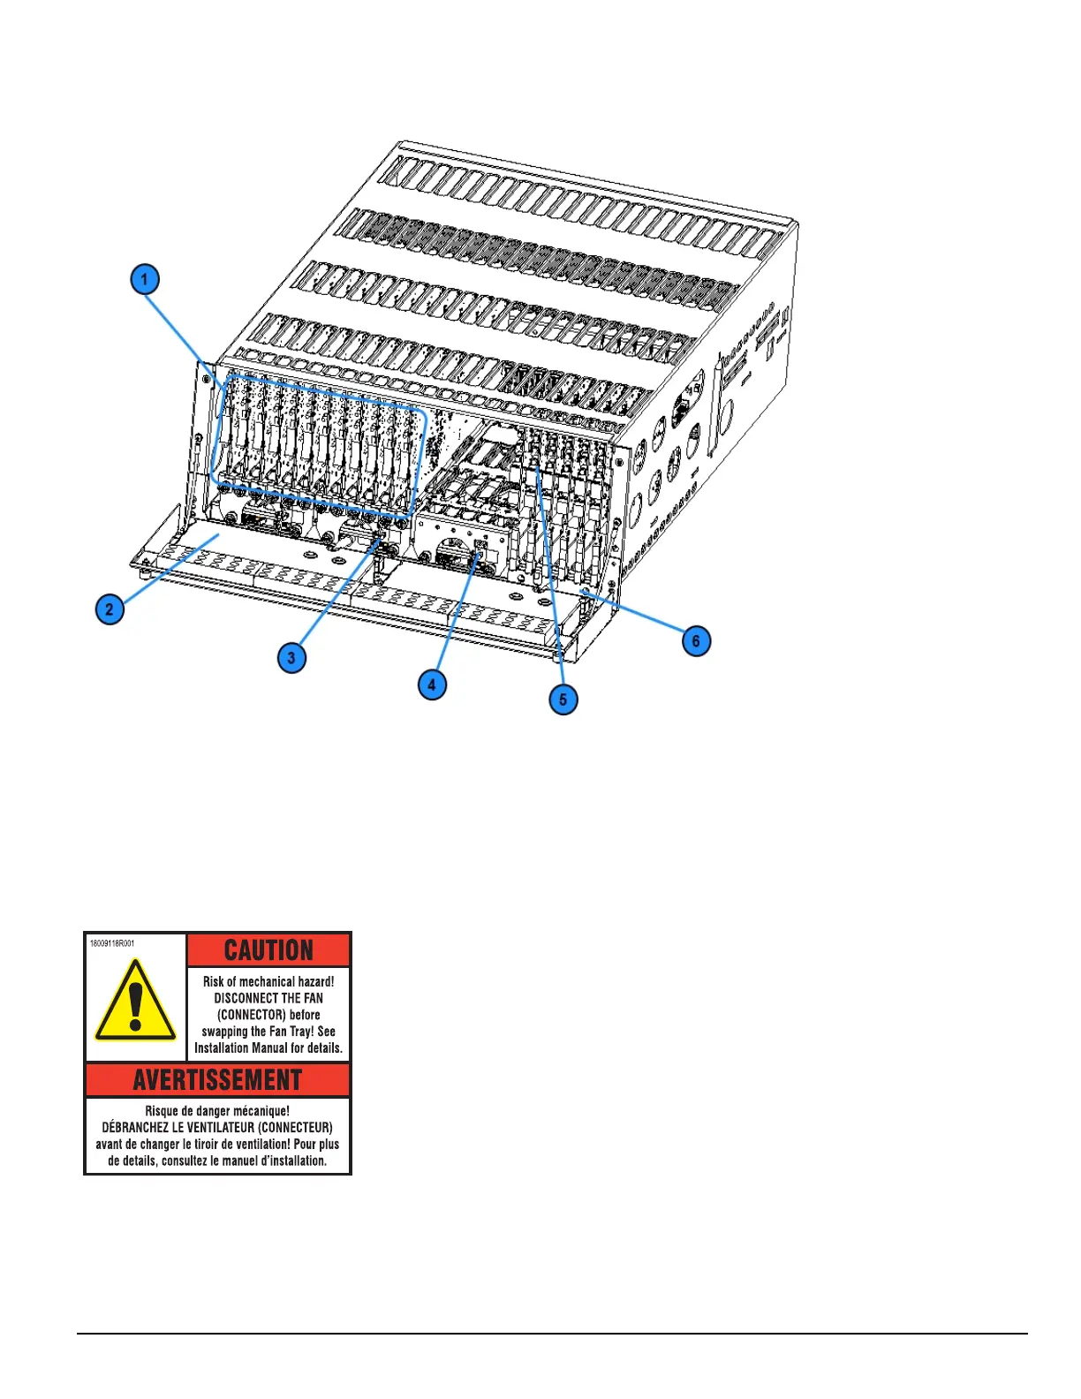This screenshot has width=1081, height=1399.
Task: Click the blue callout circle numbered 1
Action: (x=145, y=280)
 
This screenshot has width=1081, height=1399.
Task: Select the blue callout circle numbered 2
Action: (x=110, y=609)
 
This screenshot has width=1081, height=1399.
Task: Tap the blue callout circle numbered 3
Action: (x=291, y=657)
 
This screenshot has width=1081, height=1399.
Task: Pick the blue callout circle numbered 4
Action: (x=432, y=684)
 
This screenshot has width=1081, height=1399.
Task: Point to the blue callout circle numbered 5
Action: (x=563, y=699)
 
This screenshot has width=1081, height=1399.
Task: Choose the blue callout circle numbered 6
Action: (x=696, y=640)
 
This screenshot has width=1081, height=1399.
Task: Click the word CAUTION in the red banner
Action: (x=268, y=950)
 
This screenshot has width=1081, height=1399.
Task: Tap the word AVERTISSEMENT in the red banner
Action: (x=217, y=1080)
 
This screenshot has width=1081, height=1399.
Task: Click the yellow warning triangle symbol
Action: (x=135, y=1002)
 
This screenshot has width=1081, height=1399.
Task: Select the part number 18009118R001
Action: (x=112, y=943)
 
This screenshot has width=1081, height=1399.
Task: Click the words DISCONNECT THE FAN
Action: (x=268, y=998)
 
